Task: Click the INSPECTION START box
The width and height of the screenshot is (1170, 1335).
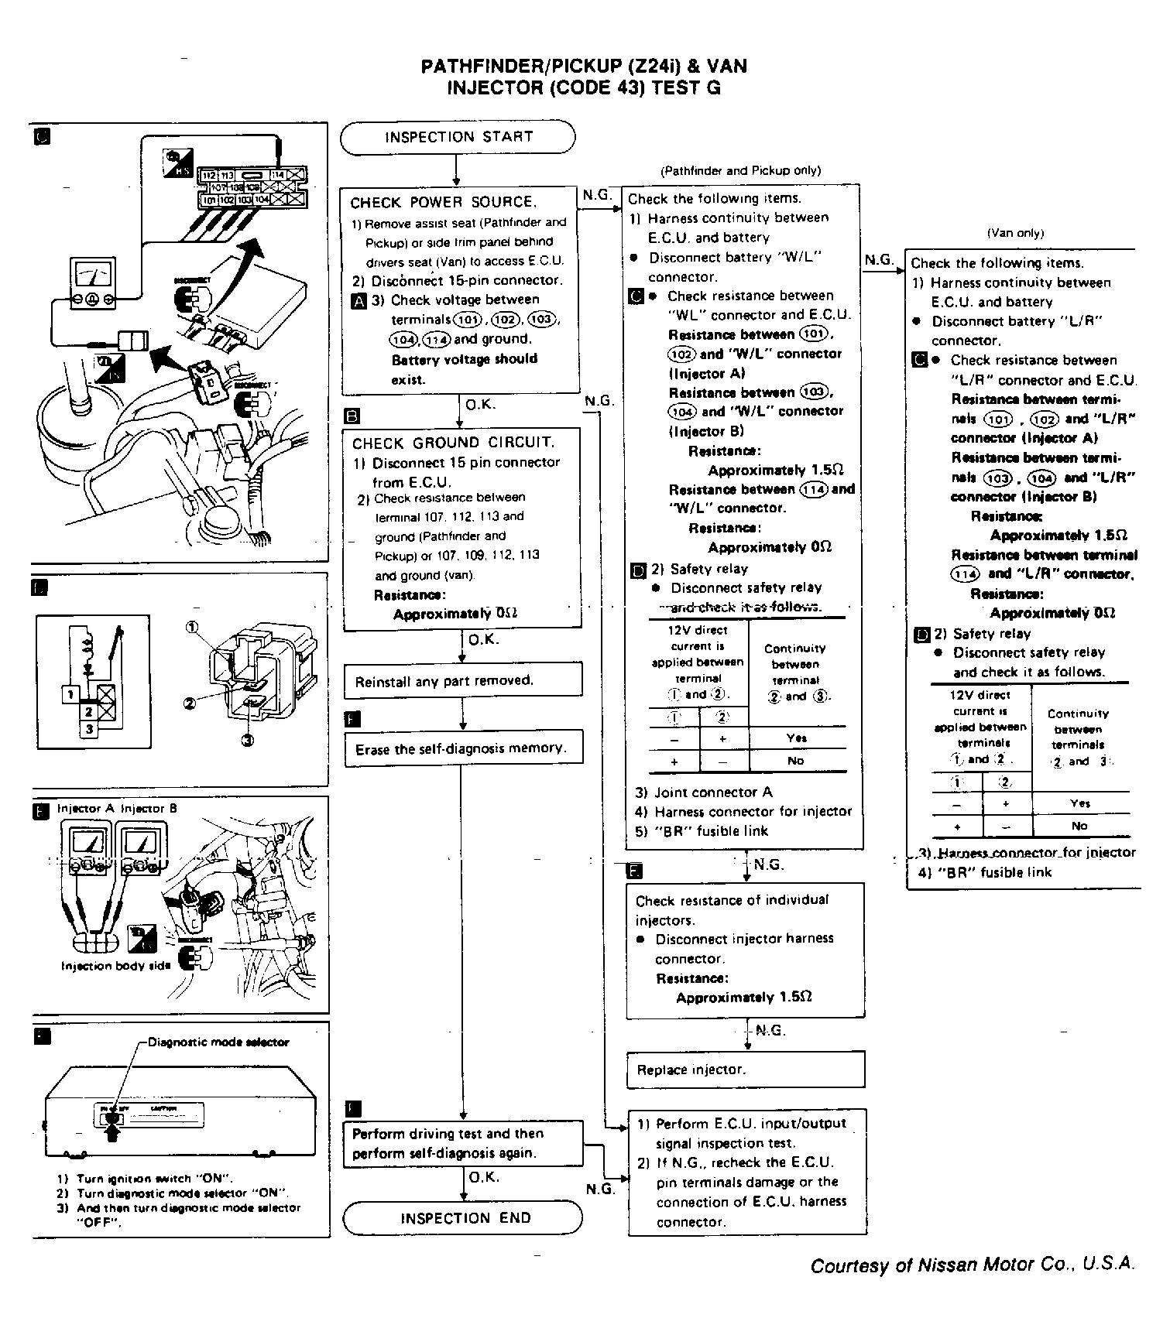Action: coord(458,138)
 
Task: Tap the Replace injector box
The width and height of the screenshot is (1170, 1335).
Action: coord(745,1070)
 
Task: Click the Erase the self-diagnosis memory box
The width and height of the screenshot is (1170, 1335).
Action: coord(463,748)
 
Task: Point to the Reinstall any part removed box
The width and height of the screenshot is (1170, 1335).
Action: coord(463,681)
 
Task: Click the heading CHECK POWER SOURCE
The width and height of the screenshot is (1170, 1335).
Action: coord(442,203)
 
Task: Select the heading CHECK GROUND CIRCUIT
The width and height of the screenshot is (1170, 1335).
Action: coord(453,443)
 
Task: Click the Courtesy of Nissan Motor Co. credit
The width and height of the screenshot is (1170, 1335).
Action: coord(973,1265)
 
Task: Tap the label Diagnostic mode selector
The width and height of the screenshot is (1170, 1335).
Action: coord(218,1042)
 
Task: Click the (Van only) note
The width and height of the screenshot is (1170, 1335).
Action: coord(1015,233)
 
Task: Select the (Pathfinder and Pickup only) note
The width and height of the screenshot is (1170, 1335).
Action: coord(740,170)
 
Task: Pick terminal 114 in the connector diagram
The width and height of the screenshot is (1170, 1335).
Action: coord(278,176)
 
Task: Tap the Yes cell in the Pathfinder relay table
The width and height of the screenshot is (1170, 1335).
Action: coord(797,738)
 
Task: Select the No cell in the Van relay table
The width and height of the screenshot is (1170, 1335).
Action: coord(1079,826)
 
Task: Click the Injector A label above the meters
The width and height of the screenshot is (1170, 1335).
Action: coord(85,809)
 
